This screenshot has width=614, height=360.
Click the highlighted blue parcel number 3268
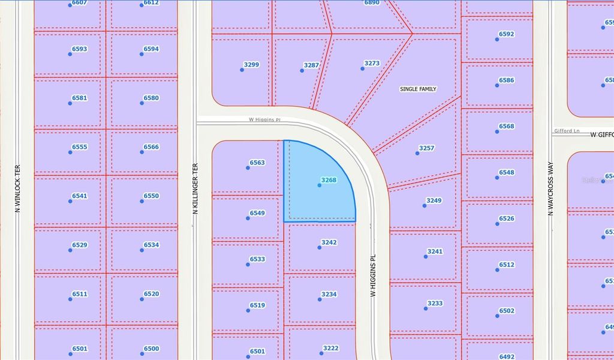329,180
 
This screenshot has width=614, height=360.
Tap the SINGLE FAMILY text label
418,89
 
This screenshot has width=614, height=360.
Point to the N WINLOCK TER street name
17,188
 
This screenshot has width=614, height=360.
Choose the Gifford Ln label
567,131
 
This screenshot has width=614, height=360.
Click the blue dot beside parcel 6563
248,168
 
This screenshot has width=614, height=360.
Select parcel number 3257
426,148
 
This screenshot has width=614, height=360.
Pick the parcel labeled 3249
434,200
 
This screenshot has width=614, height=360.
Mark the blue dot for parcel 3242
319,247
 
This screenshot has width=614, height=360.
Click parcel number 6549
257,213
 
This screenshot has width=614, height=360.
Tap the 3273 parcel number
372,63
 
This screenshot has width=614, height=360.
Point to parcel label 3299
251,65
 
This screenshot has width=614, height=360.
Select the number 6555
80,147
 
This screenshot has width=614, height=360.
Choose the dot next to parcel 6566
142,152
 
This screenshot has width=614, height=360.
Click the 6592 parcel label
506,34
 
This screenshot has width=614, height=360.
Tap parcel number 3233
435,304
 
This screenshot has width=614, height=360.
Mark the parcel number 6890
372,3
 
